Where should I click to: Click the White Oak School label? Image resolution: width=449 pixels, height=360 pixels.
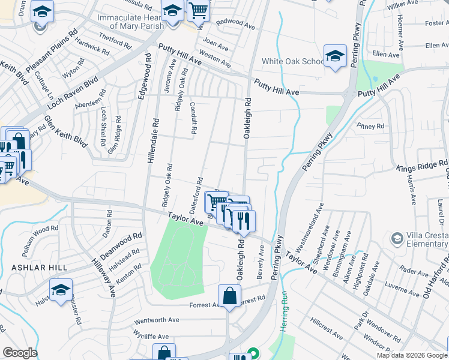[x=294, y=62]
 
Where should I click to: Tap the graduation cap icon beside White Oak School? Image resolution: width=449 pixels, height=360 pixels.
[x=335, y=56]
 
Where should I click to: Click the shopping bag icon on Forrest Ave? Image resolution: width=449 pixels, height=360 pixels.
[x=229, y=296]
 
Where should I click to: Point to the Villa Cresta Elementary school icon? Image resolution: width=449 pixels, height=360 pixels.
[x=396, y=239]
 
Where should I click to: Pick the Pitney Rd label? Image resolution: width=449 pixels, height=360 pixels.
[x=370, y=127]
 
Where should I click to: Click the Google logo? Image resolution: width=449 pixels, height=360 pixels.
[x=20, y=353]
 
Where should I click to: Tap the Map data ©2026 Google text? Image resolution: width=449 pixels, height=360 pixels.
[x=411, y=355]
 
